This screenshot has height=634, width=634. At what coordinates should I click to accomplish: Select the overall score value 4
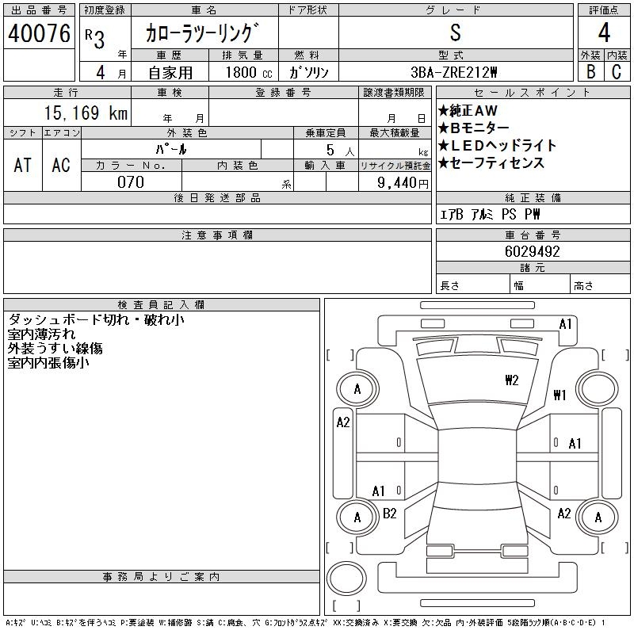pos(604,33)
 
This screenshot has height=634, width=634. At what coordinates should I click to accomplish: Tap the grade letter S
pos(454,33)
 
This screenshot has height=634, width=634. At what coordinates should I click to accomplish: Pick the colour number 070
pos(131,182)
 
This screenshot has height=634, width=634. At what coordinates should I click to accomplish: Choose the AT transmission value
pos(22,165)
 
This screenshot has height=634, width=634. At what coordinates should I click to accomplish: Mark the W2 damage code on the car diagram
pos(511,380)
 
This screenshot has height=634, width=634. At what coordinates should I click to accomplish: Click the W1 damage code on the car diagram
pos(560,395)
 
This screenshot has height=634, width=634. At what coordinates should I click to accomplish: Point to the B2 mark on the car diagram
pos(389,514)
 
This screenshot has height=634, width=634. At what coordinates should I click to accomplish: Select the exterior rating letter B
pos(590,72)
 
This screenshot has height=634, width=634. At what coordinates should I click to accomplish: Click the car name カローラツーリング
pos(202,34)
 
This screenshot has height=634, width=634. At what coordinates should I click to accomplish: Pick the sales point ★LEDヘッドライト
pos(497,146)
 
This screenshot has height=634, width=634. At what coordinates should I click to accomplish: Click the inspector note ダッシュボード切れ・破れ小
pos(96,320)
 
